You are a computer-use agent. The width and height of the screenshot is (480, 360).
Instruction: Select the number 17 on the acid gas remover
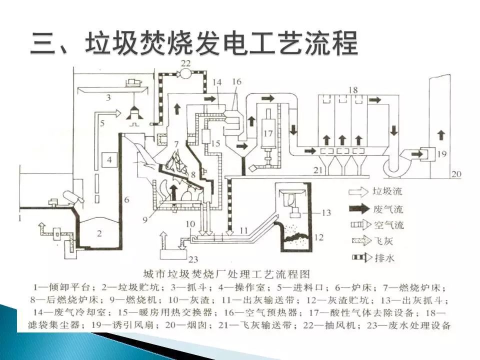click(268, 133)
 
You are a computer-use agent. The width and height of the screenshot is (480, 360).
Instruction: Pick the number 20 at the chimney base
click(456, 174)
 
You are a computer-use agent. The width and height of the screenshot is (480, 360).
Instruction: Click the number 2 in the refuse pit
click(99, 232)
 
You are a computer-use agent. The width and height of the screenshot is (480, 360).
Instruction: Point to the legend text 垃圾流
click(385, 191)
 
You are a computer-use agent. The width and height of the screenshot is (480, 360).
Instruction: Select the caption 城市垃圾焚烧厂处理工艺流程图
click(226, 274)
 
